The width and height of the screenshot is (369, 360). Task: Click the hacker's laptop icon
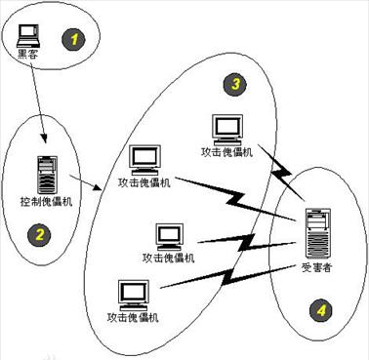pos(30,34)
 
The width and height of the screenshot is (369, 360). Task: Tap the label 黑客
pos(30,55)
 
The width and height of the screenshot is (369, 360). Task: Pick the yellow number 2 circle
pos(40,233)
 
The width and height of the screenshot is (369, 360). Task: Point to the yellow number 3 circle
pos(236,85)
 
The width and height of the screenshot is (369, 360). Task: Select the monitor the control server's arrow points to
pos(145,159)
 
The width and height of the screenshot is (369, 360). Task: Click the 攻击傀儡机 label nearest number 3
pos(226,151)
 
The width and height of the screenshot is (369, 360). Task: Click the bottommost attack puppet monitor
pos(132,294)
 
